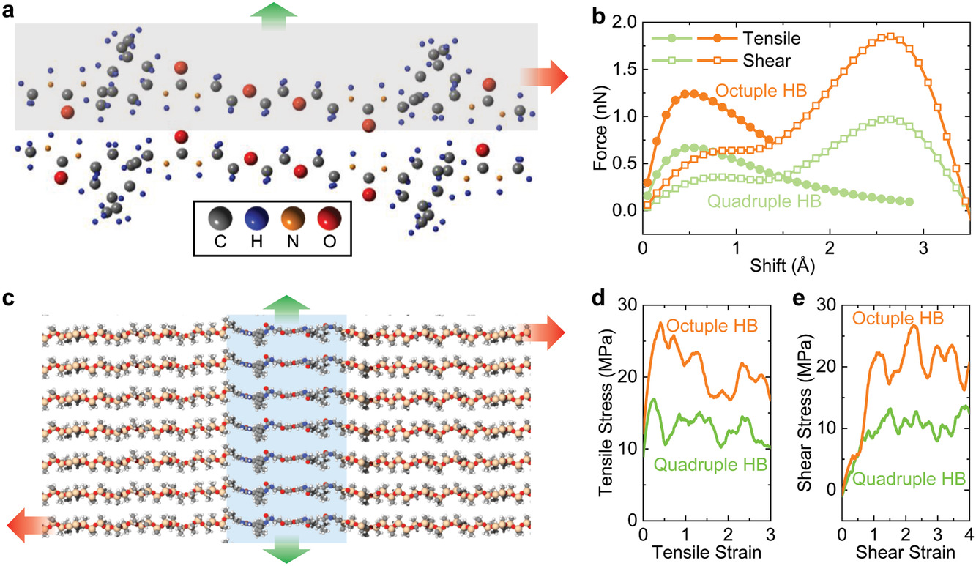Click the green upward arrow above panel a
click(x=275, y=14)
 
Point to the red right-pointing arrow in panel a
click(x=543, y=75)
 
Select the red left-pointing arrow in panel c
click(x=27, y=523)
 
